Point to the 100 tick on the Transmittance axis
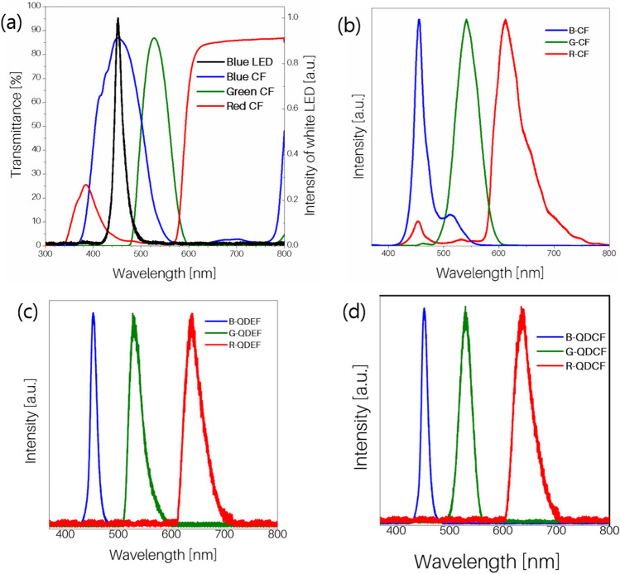click(32, 7)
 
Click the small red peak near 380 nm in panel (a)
click(85, 186)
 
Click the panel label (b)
click(352, 23)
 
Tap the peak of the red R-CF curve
click(505, 20)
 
